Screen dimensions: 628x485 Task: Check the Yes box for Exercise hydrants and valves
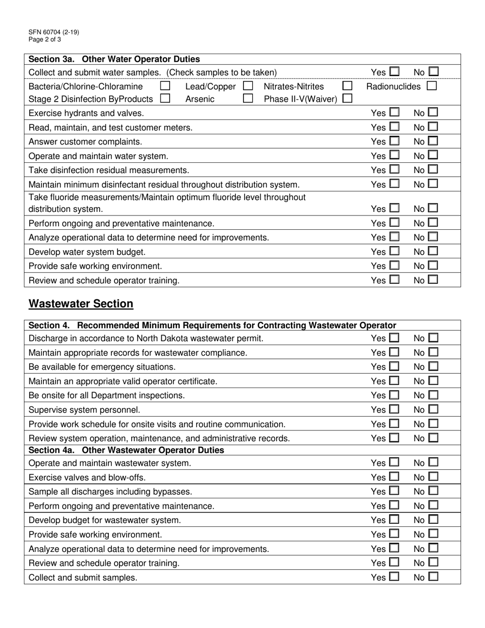pos(394,113)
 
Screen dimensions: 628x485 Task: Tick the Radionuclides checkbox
pos(431,87)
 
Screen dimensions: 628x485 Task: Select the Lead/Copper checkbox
pos(248,87)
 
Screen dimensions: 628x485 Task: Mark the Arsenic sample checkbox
pos(248,99)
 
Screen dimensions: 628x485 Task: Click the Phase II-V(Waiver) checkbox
pos(348,99)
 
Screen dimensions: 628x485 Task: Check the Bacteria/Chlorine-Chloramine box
pos(165,87)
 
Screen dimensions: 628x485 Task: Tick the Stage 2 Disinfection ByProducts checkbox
pos(165,99)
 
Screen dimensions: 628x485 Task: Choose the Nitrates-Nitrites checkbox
pos(348,87)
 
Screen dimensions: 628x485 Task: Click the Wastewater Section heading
pos(81,304)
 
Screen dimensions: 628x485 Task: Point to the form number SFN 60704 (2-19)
pos(54,32)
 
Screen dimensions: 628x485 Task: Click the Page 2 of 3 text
pos(45,39)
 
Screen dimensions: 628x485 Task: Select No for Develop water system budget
pos(433,251)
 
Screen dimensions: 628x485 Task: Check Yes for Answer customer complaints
pos(394,141)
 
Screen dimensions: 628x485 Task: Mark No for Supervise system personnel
pos(433,409)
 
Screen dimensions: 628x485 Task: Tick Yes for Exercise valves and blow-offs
pos(394,477)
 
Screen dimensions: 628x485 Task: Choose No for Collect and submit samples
pos(433,577)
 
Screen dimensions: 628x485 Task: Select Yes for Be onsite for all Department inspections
pos(394,395)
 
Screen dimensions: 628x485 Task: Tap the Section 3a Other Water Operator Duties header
pos(114,59)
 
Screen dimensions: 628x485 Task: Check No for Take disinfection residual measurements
pos(433,170)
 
